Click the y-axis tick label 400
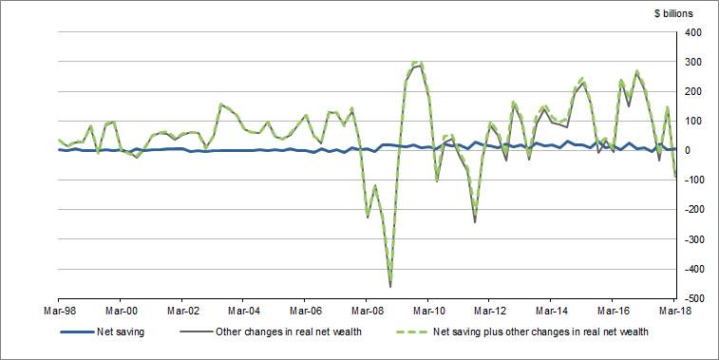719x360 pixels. [691, 33]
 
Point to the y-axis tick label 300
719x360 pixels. [691, 63]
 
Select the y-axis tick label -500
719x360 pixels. [691, 299]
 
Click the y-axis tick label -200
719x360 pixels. [691, 210]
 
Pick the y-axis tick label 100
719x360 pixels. [691, 122]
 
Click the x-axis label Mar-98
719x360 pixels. [59, 311]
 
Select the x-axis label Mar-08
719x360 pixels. [367, 311]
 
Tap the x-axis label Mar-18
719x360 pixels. [673, 311]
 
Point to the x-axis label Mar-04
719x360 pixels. [243, 311]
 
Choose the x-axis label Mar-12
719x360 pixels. [489, 311]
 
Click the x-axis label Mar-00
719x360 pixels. [121, 311]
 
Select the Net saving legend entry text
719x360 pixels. [122, 332]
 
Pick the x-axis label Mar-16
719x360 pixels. [612, 311]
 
